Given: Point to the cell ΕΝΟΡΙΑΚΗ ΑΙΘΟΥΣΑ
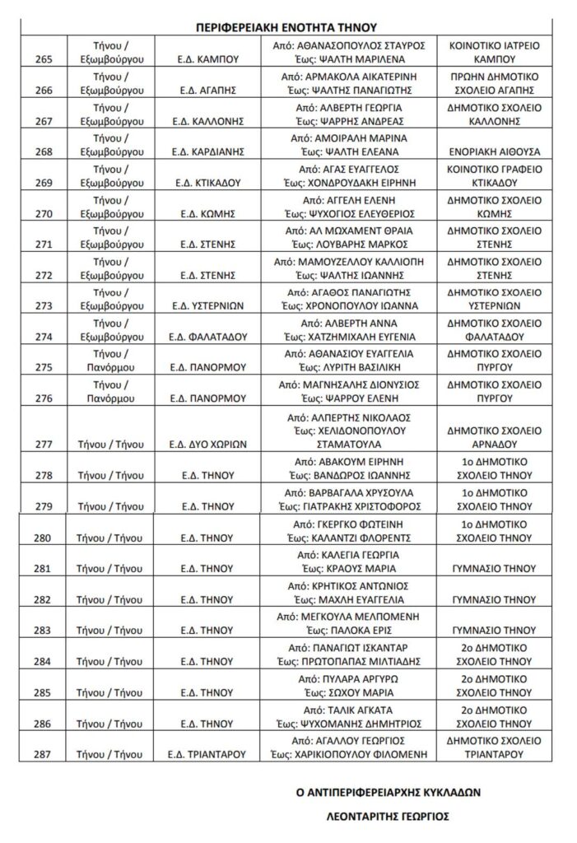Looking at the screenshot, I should pos(491,151).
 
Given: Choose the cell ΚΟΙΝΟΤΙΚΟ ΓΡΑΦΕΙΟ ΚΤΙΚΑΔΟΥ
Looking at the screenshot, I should pos(491,175).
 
